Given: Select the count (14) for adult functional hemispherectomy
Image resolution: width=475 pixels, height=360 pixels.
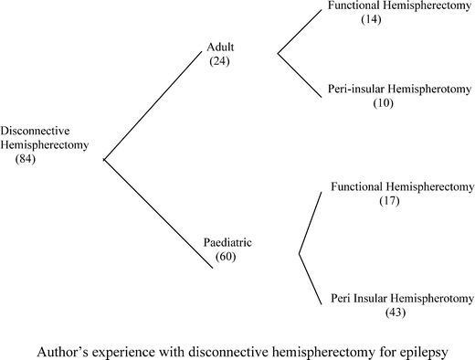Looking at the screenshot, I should click(x=373, y=17).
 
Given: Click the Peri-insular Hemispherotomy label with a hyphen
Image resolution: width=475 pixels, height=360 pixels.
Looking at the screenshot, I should click(x=398, y=90).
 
